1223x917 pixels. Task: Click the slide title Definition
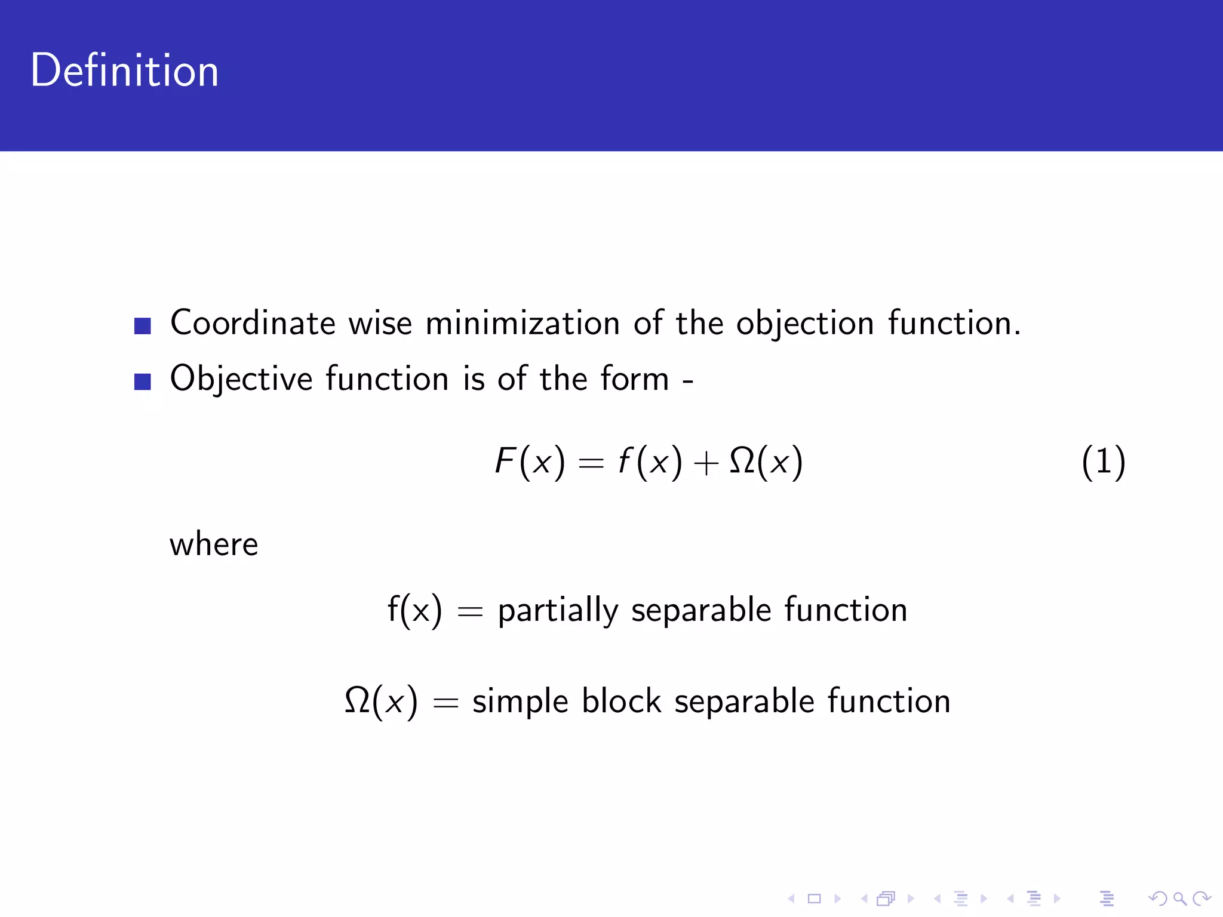(x=124, y=70)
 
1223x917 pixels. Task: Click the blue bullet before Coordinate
(x=142, y=326)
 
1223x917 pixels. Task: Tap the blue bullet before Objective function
(x=142, y=381)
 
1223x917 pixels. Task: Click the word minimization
(x=523, y=323)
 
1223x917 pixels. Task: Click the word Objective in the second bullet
(x=241, y=379)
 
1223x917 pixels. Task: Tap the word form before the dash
(x=635, y=379)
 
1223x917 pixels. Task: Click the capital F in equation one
(x=505, y=461)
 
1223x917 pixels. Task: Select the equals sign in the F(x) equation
(x=591, y=463)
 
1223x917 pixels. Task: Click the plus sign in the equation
(x=706, y=463)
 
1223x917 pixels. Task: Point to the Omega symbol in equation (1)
(x=742, y=461)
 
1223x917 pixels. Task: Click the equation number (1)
(x=1104, y=462)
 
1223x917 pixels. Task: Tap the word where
(x=214, y=544)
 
